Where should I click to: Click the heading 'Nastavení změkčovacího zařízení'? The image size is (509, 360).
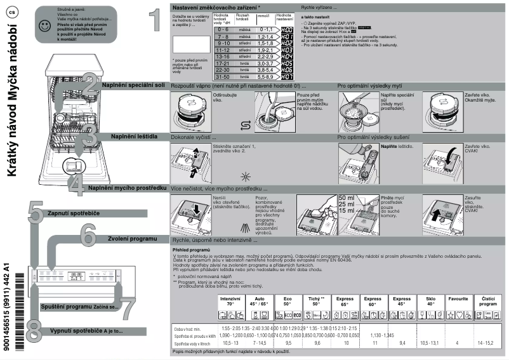point(215,6)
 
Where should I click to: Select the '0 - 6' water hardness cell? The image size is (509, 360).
point(222,30)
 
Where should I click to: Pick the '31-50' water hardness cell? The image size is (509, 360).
point(222,76)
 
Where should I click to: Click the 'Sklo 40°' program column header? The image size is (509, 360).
point(430,301)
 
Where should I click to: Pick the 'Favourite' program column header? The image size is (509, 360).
point(458,298)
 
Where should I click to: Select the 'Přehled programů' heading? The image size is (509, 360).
point(192,250)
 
